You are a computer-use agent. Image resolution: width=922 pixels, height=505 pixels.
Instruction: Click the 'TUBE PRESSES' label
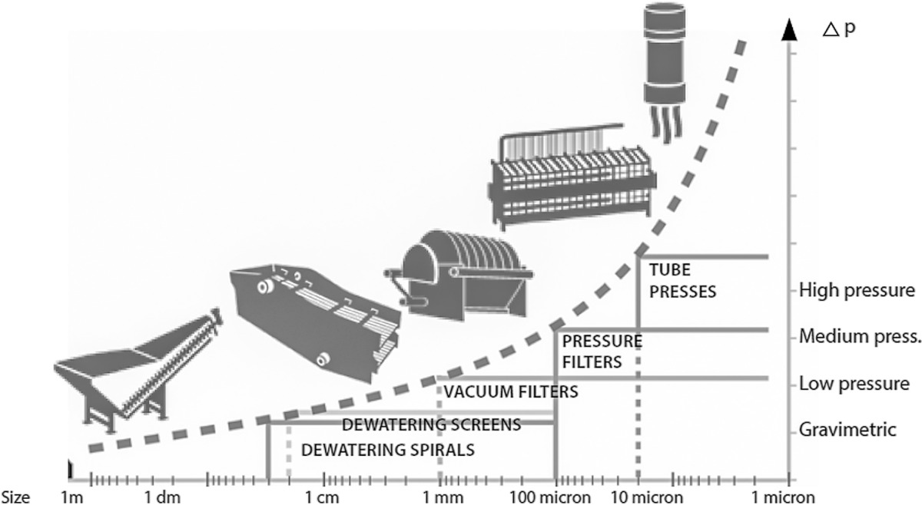click(682, 281)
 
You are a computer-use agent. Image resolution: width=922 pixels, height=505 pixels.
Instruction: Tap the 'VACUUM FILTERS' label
click(511, 392)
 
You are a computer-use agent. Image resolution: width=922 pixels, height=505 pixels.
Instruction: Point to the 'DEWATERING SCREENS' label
click(431, 424)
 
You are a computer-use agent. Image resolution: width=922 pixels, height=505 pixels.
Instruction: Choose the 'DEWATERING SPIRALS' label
click(387, 450)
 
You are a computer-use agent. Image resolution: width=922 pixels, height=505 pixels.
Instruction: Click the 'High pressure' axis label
click(857, 291)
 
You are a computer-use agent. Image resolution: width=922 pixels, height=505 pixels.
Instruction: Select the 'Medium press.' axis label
click(860, 336)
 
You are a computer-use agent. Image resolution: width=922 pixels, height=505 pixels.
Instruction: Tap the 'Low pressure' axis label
click(854, 383)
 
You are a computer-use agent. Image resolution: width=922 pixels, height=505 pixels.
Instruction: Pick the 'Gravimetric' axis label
click(847, 429)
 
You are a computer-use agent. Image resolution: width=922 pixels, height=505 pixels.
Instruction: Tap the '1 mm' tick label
click(439, 497)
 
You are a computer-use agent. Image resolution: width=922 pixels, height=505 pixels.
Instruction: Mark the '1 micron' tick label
click(778, 497)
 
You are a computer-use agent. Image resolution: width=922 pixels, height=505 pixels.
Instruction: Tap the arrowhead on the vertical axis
click(787, 31)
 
